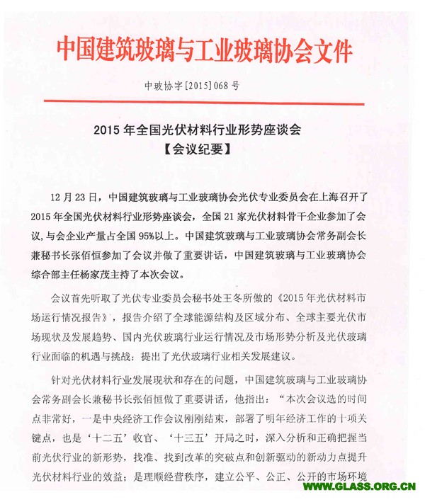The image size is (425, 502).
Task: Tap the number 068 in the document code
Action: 219,87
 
